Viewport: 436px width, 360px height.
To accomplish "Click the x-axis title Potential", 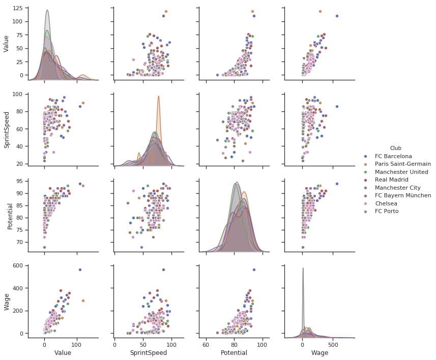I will point(234,352).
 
